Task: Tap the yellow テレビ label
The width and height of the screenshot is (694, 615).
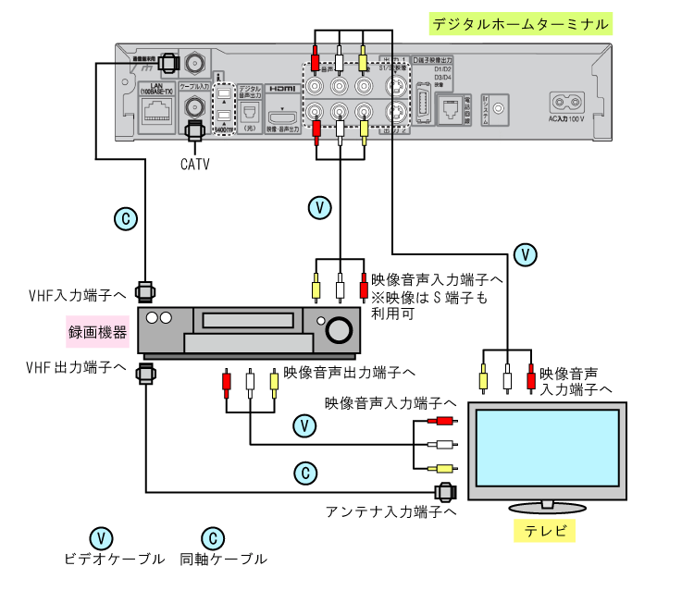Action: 544,532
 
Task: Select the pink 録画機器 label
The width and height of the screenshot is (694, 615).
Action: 97,331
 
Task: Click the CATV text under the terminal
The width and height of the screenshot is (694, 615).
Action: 195,165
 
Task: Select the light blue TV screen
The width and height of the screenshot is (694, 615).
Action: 546,448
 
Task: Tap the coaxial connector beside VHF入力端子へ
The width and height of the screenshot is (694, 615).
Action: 146,292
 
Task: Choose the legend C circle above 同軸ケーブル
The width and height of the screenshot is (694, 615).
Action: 212,537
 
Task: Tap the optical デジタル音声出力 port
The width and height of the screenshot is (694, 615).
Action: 250,114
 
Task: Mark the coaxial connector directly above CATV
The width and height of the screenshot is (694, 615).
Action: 195,130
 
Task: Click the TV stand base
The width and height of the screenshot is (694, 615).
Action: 546,508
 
